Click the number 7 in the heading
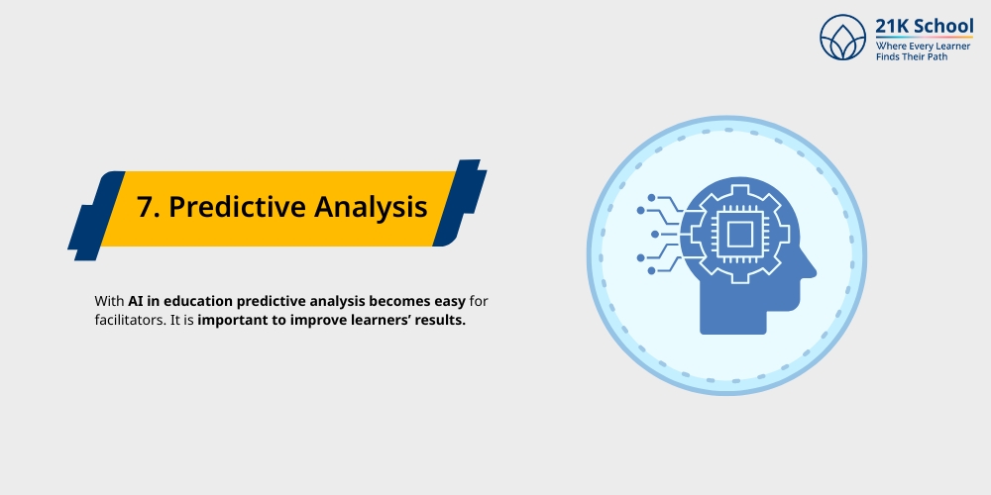[146, 208]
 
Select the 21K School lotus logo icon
[842, 37]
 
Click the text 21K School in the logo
[924, 26]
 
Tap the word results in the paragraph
[441, 321]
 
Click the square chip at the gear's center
[737, 234]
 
